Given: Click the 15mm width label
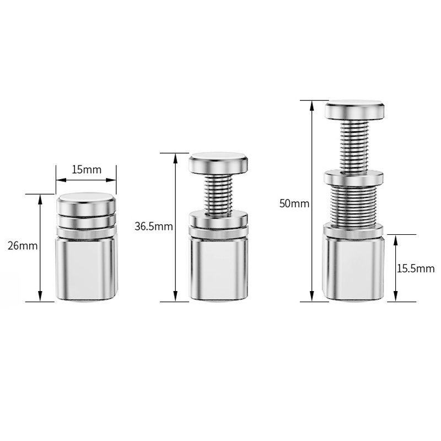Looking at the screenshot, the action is point(87,170).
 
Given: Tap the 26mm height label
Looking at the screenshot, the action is point(23,246).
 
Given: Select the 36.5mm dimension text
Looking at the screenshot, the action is point(154,227).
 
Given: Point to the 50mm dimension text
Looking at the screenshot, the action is point(294,203).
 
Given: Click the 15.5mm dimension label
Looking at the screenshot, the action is point(416,268).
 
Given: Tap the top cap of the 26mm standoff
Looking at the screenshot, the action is point(87,203).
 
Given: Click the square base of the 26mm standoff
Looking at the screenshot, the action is point(87,268).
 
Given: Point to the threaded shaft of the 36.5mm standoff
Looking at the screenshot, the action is point(218,194).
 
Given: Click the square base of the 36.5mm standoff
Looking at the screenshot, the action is point(218,268).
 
